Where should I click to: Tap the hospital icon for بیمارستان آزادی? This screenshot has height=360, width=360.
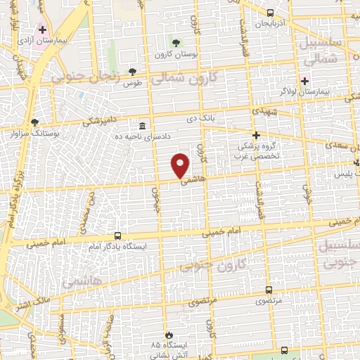(42, 30)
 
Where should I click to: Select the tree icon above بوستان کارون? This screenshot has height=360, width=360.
(175, 43)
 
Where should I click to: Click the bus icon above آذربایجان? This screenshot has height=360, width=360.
(271, 13)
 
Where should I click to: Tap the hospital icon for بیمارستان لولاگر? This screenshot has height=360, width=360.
(304, 81)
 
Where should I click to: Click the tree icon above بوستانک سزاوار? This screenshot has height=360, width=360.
(34, 122)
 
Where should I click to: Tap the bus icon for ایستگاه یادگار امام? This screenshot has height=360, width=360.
(117, 236)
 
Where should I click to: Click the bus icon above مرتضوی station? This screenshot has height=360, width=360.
(269, 289)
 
